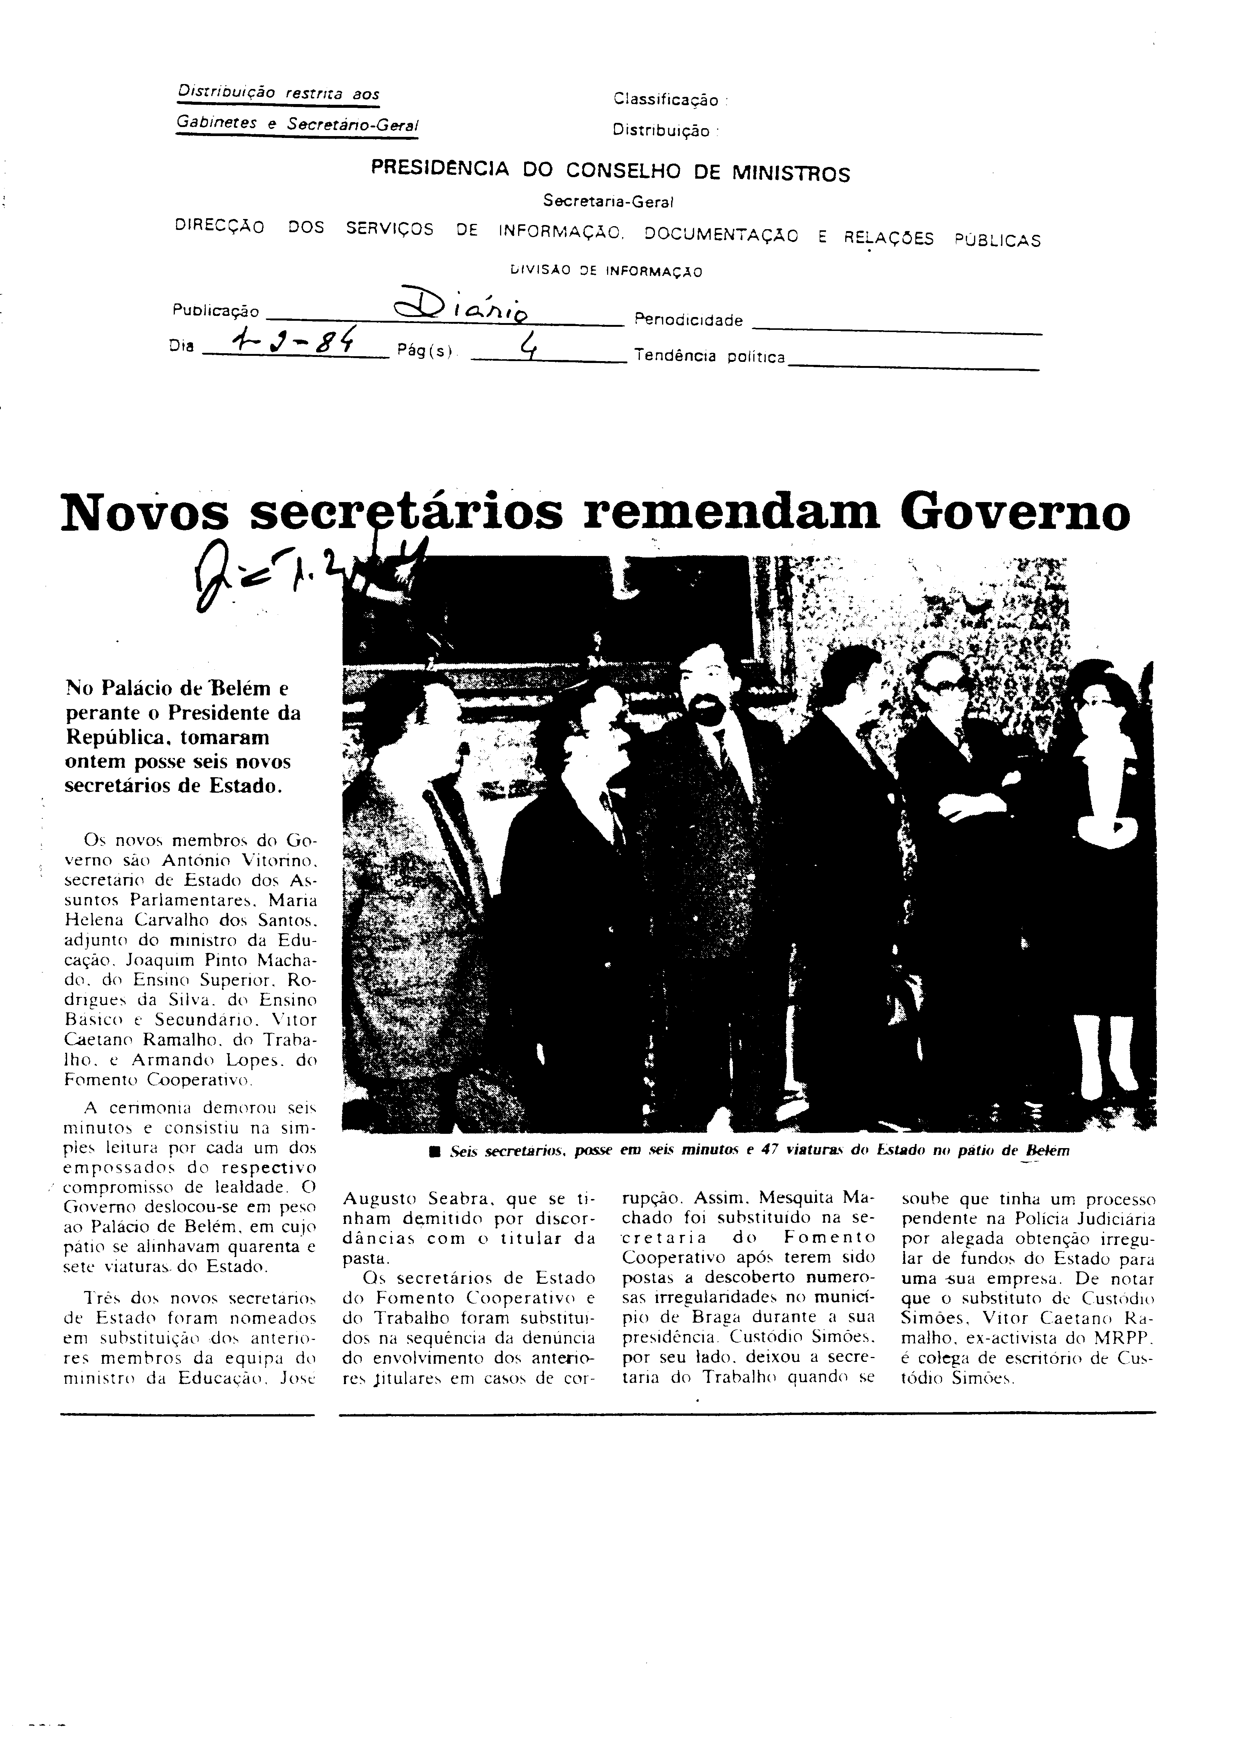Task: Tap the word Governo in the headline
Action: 1014,512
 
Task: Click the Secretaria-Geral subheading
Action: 607,201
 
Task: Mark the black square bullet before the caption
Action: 435,1151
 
